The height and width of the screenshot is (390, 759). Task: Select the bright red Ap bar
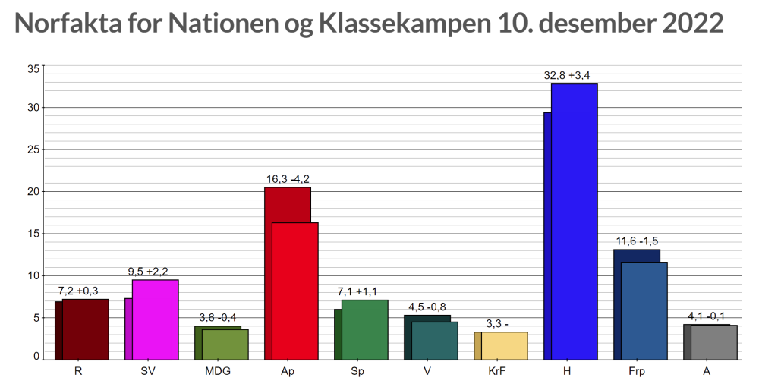click(x=294, y=291)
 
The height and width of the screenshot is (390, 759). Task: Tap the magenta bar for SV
click(x=155, y=319)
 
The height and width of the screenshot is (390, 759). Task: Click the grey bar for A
click(x=714, y=342)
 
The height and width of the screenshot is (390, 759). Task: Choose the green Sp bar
click(x=364, y=329)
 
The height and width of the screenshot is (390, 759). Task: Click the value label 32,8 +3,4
click(x=567, y=75)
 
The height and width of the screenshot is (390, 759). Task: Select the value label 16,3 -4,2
click(x=288, y=179)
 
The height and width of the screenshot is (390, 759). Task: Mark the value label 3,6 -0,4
click(x=218, y=318)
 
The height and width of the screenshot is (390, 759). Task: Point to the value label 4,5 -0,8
click(x=427, y=307)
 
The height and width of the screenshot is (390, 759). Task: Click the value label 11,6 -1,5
click(x=637, y=241)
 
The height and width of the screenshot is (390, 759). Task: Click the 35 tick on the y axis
click(x=33, y=69)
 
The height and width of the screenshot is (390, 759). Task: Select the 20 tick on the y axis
click(x=33, y=192)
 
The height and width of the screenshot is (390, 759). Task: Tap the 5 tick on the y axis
click(x=36, y=318)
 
